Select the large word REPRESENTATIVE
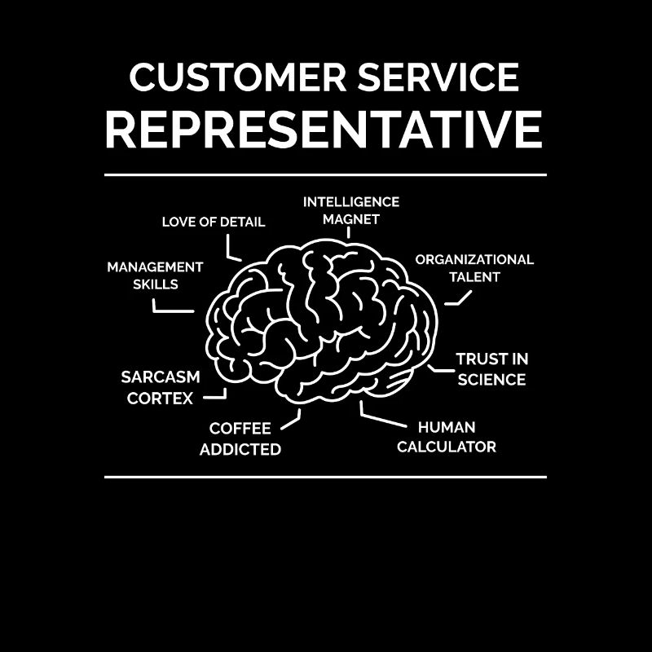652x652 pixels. click(324, 130)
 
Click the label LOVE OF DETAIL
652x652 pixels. click(214, 222)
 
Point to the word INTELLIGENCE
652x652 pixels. click(351, 201)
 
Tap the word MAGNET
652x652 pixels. click(351, 219)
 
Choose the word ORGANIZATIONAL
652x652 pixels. click(474, 259)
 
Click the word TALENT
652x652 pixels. click(474, 277)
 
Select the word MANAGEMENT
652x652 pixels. click(155, 267)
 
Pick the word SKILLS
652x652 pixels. click(155, 284)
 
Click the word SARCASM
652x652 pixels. click(161, 377)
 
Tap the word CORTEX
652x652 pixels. click(161, 399)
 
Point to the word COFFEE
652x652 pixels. click(240, 429)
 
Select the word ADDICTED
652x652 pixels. click(240, 449)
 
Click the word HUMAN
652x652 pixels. click(447, 427)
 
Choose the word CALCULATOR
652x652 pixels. click(447, 447)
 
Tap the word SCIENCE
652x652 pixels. click(491, 380)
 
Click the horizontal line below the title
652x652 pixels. click(325, 174)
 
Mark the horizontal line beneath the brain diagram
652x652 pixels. click(325, 477)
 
